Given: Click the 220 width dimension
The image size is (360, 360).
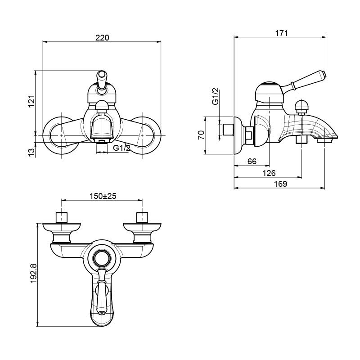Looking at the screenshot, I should (x=102, y=38).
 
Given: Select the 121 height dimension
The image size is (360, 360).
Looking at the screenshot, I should (x=31, y=102).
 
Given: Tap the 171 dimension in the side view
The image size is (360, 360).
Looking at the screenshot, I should (x=281, y=33).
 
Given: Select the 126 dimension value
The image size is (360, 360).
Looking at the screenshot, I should (x=269, y=173).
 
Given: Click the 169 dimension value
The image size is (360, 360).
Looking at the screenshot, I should (x=280, y=184).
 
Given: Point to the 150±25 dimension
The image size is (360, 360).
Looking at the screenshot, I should (x=103, y=196).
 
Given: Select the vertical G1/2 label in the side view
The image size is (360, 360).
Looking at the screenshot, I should (x=216, y=97).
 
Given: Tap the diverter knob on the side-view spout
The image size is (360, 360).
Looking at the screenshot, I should (x=300, y=107).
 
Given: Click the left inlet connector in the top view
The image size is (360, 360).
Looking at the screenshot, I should (x=61, y=217).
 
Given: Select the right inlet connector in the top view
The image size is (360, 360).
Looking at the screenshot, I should (x=142, y=217).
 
